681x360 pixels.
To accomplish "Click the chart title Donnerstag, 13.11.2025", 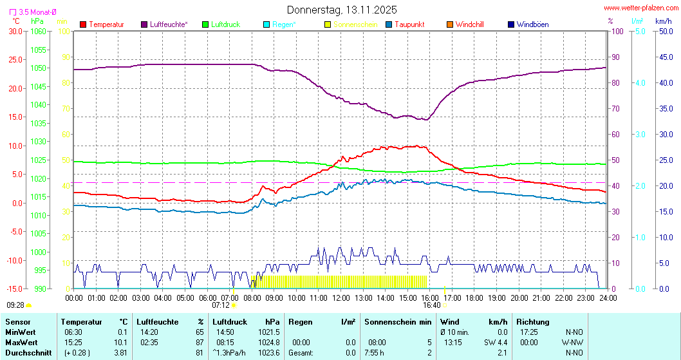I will click(x=342, y=10).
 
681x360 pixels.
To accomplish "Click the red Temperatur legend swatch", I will click(x=83, y=24).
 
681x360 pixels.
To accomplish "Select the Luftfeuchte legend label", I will click(x=169, y=24).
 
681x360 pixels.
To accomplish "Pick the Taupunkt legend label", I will click(x=409, y=24).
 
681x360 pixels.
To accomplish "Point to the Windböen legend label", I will click(x=532, y=24).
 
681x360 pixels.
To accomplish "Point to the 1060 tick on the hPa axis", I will click(x=38, y=31).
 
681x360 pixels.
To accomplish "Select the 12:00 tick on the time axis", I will click(x=341, y=298).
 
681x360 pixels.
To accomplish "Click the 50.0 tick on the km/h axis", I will click(x=665, y=31).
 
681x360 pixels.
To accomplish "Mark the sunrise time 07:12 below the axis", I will click(x=221, y=305).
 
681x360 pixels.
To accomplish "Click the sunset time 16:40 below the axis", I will click(x=432, y=305).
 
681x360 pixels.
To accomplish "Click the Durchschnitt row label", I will click(x=26, y=352).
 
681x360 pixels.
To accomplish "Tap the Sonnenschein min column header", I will click(x=398, y=321).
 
